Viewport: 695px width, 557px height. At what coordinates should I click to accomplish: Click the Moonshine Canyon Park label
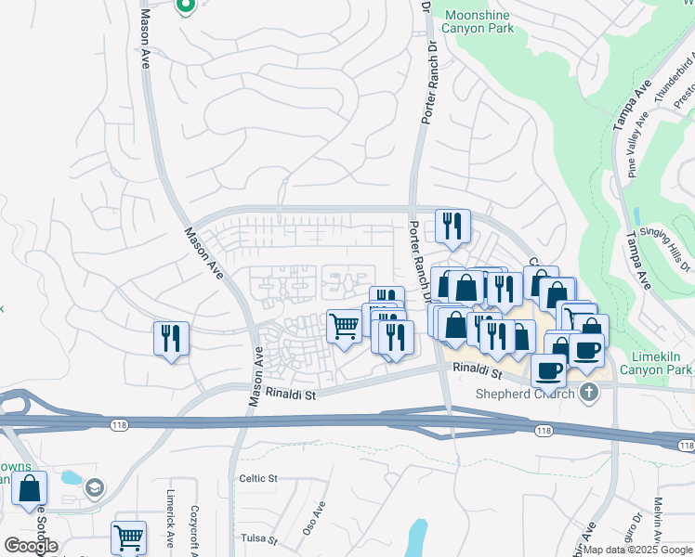[x=479, y=22]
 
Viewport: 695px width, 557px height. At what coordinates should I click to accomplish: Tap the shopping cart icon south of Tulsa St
[x=128, y=537]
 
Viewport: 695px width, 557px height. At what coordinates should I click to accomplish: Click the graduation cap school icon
[x=94, y=487]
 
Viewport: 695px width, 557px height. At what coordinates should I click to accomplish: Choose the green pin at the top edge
[x=185, y=6]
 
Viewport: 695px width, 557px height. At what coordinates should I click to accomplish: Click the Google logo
[x=32, y=545]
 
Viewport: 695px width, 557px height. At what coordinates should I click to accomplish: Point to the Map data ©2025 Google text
[x=637, y=550]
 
